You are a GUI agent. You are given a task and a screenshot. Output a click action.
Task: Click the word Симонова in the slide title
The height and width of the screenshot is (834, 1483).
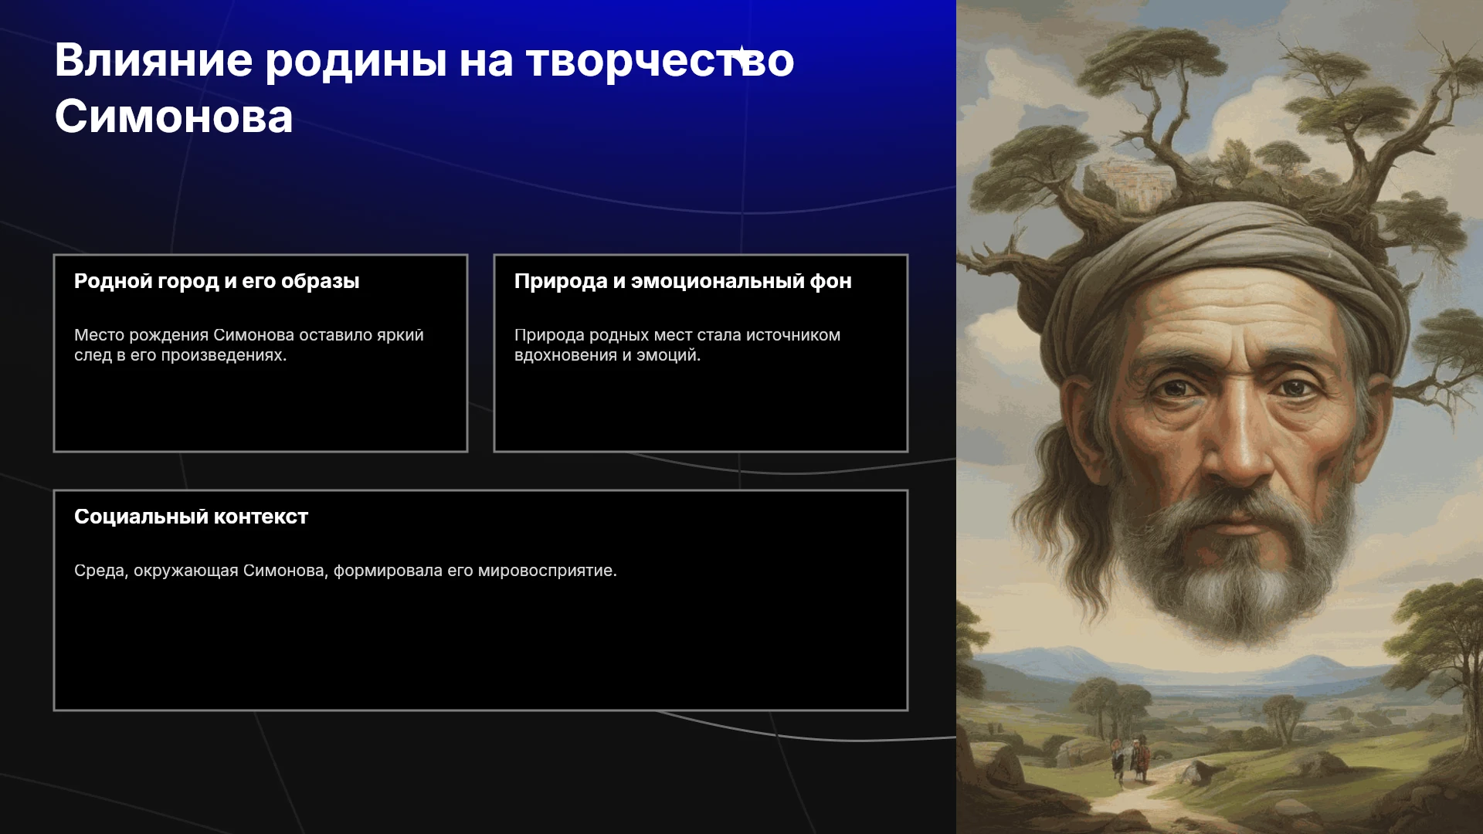click(174, 117)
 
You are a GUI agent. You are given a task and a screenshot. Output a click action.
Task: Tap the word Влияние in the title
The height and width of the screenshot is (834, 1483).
click(154, 60)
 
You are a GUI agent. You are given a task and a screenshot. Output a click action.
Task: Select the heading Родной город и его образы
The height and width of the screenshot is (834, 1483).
click(217, 281)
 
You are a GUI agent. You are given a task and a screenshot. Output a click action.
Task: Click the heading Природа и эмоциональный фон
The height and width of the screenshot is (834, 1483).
click(683, 281)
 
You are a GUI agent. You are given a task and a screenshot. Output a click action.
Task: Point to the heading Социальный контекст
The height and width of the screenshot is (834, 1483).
click(191, 517)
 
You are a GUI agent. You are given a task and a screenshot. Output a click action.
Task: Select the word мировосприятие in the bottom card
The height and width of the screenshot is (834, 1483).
click(547, 571)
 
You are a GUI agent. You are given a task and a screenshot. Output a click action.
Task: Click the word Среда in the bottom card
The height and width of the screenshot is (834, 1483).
click(100, 571)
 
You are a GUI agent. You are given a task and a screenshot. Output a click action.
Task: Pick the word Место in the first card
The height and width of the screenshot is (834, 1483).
click(99, 335)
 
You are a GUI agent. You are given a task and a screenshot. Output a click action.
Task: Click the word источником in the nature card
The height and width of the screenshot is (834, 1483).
click(793, 335)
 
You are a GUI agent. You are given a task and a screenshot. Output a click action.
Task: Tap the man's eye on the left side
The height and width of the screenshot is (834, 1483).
click(1175, 387)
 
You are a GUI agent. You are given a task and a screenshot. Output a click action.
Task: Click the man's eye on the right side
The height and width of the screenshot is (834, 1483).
click(1295, 387)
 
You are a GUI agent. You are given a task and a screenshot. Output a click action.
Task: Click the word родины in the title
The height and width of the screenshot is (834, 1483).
click(356, 62)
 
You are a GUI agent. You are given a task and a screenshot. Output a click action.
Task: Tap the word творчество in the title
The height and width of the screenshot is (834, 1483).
click(660, 62)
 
